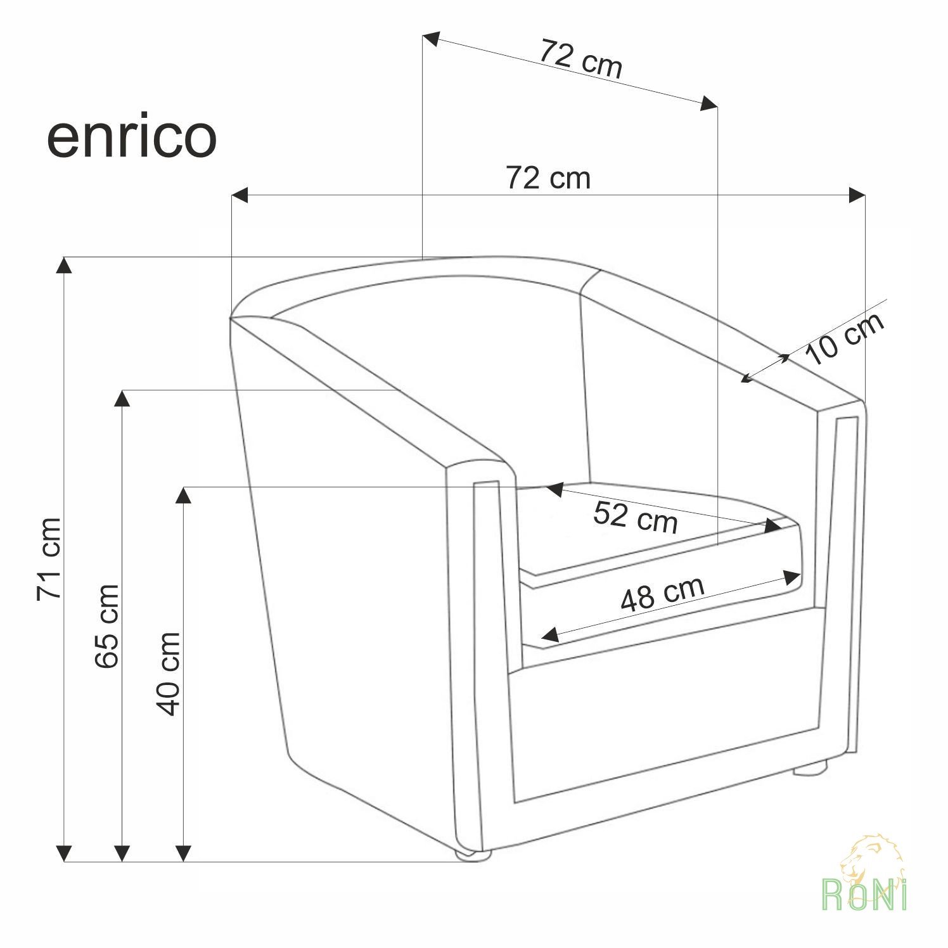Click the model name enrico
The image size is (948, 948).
(x=132, y=138)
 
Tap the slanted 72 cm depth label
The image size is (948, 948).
(x=580, y=58)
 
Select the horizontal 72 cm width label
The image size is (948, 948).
(x=548, y=178)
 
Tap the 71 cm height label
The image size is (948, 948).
(x=49, y=560)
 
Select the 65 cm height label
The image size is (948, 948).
(x=106, y=626)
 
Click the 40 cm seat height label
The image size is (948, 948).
(x=168, y=674)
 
